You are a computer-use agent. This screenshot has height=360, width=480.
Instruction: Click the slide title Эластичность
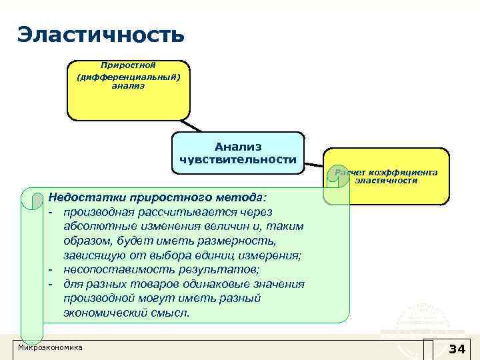[100, 34]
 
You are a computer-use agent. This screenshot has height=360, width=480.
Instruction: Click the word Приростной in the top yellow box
[128, 65]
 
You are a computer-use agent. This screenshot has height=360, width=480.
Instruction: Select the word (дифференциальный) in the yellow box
[128, 76]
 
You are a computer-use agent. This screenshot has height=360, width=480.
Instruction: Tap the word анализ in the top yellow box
[128, 86]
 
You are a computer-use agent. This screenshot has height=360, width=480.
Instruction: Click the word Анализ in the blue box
[238, 147]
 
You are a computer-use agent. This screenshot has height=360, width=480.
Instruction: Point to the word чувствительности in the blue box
[238, 159]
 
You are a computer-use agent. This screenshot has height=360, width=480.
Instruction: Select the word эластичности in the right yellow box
[386, 181]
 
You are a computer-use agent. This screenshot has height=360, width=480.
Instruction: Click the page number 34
[457, 349]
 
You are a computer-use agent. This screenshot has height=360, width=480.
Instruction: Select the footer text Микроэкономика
[51, 348]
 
